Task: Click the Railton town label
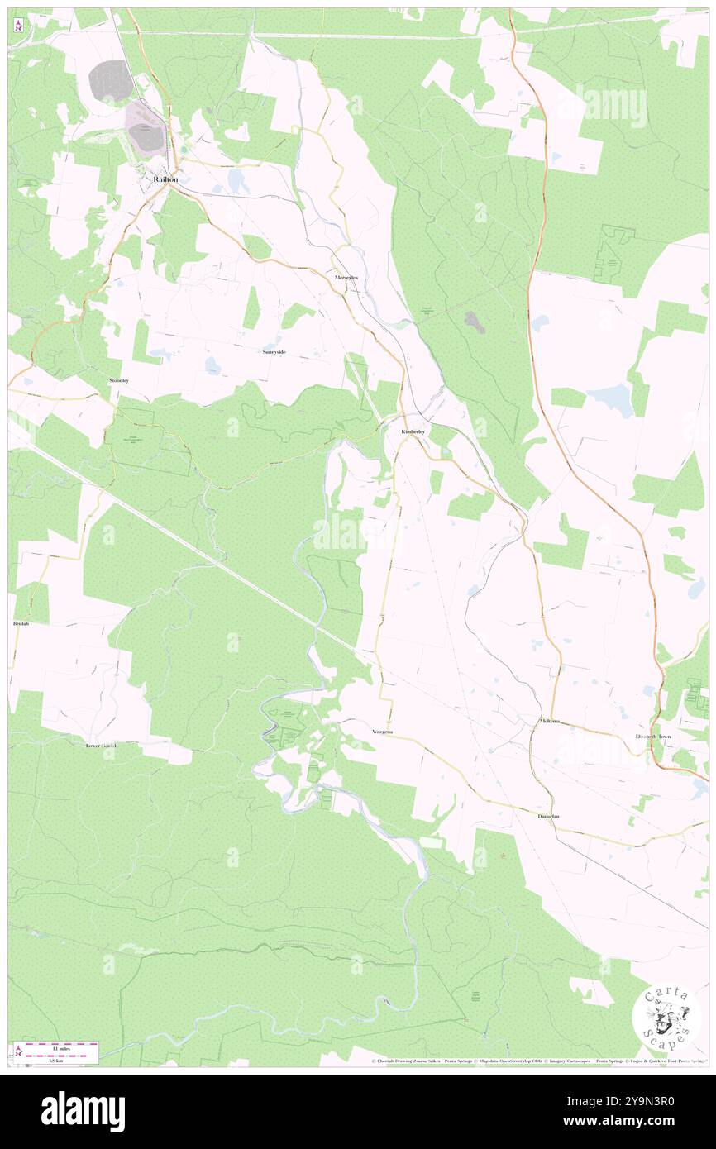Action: coord(163,179)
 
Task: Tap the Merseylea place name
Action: coord(346,279)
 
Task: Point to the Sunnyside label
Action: coord(274,352)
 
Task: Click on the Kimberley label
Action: coord(413,432)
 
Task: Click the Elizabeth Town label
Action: coord(652,736)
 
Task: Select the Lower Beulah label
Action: coord(102,746)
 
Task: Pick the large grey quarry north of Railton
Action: coord(111,81)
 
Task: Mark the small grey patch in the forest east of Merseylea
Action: coord(475,322)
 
